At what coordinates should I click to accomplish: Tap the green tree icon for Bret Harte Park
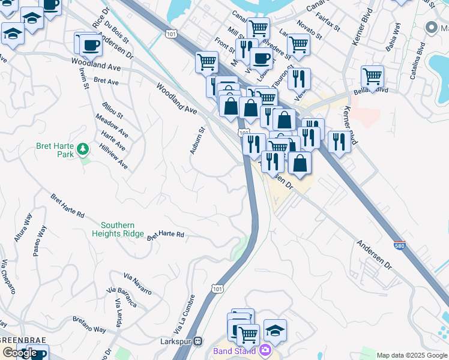click(85, 148)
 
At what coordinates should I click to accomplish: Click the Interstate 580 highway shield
click(400, 245)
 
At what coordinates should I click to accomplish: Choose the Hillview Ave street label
click(113, 156)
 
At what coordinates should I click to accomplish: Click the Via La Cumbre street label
click(184, 314)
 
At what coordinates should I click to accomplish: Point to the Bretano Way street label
click(91, 330)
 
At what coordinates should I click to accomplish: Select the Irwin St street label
click(83, 79)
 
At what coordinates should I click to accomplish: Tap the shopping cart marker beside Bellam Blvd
click(372, 76)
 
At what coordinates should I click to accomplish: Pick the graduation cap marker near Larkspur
click(275, 331)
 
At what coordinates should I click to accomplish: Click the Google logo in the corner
click(19, 353)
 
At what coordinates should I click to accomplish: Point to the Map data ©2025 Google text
click(412, 355)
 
